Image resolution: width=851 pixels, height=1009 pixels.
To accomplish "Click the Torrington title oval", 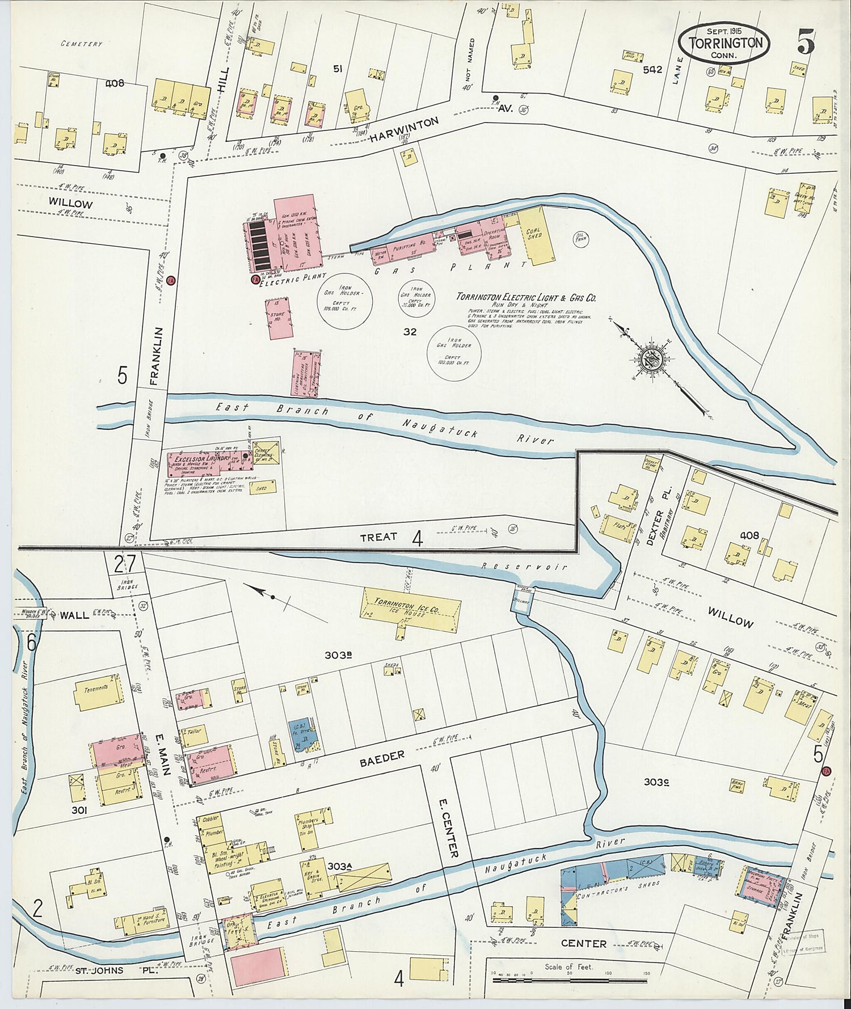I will (x=725, y=43).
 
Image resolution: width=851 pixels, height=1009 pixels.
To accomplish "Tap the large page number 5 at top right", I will (x=806, y=41).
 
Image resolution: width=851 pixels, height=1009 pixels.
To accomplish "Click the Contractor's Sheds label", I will (x=618, y=884).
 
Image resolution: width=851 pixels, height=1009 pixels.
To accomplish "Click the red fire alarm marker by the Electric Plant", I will (x=255, y=279).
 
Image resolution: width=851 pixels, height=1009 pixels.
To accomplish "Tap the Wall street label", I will (x=74, y=615).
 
